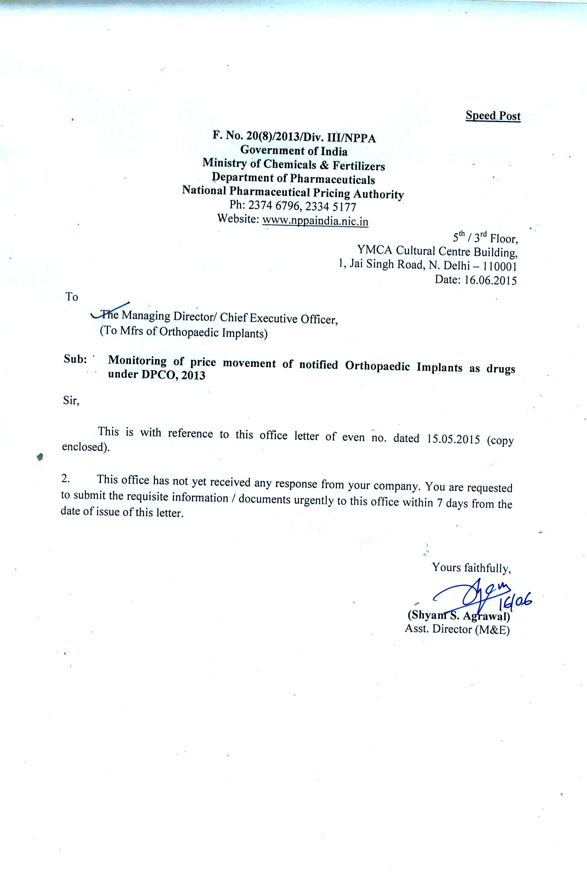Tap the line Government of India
pyautogui.click(x=294, y=151)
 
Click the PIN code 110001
pyautogui.click(x=500, y=266)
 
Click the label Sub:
pyautogui.click(x=75, y=359)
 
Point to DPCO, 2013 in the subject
pyautogui.click(x=173, y=375)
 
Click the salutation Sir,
pyautogui.click(x=71, y=401)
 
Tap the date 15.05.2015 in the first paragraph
pyautogui.click(x=453, y=439)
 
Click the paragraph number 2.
pyautogui.click(x=66, y=478)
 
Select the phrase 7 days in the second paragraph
pyautogui.click(x=452, y=503)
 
